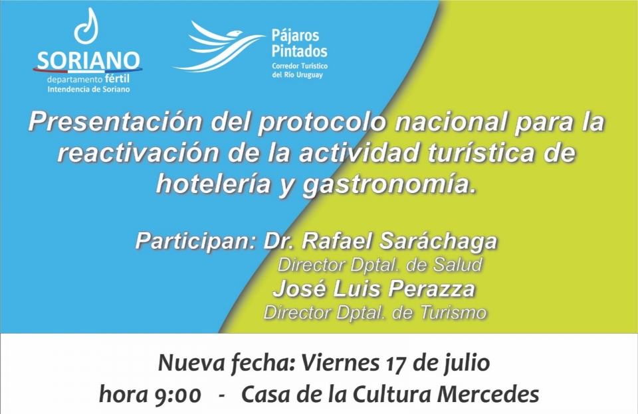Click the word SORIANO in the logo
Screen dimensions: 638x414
tap(88, 60)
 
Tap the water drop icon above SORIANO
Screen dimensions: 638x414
tap(86, 26)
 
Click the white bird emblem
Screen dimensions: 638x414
tap(219, 46)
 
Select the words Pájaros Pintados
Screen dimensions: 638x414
tap(300, 43)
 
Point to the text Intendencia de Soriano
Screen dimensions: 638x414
tap(88, 90)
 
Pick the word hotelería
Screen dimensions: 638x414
tap(214, 183)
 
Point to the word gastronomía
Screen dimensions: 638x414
tap(389, 184)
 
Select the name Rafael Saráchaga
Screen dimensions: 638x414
tap(399, 241)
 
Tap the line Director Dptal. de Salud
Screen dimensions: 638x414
tap(380, 265)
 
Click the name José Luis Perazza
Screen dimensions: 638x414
tap(374, 289)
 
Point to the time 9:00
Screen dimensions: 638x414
tap(178, 395)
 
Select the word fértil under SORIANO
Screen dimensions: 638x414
tap(117, 78)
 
